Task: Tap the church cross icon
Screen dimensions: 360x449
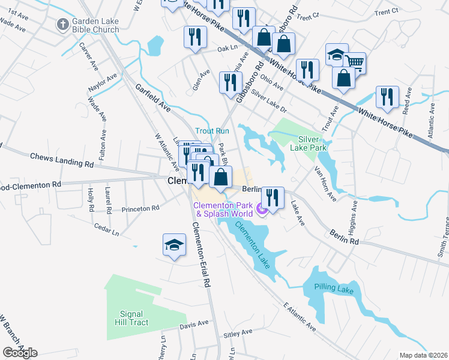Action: [x=62, y=25]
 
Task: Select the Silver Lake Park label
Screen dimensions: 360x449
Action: [x=308, y=142]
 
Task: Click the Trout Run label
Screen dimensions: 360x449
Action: [x=212, y=131]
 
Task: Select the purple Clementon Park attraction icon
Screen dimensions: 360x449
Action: [x=261, y=209]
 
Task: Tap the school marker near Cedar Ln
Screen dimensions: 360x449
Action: [x=174, y=244]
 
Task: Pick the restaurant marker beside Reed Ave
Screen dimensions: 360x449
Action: [x=387, y=97]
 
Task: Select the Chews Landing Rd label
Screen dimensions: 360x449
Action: [x=62, y=160]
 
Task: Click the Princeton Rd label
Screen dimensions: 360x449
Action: [x=139, y=209]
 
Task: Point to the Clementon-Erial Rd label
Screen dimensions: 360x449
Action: [x=200, y=253]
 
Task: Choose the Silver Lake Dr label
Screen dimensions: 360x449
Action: [x=270, y=101]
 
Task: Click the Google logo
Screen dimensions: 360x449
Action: [x=20, y=353]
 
